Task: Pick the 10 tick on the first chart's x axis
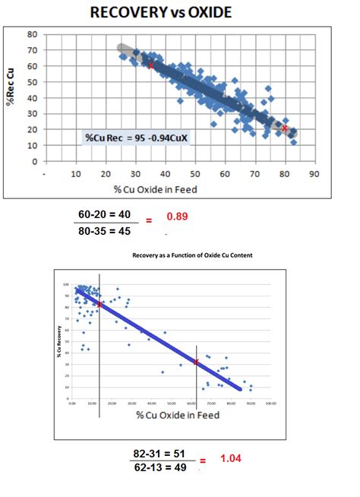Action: pyautogui.click(x=76, y=173)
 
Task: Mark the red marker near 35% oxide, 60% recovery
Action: pyautogui.click(x=150, y=65)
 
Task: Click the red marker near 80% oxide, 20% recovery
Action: pyautogui.click(x=285, y=128)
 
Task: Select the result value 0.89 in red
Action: pyautogui.click(x=177, y=217)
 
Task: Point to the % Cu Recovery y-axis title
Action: pyautogui.click(x=57, y=340)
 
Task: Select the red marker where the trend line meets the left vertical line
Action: pyautogui.click(x=99, y=304)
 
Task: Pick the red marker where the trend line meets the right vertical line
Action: pyautogui.click(x=197, y=362)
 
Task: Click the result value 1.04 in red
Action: pyautogui.click(x=230, y=459)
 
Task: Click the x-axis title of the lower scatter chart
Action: pyautogui.click(x=178, y=415)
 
